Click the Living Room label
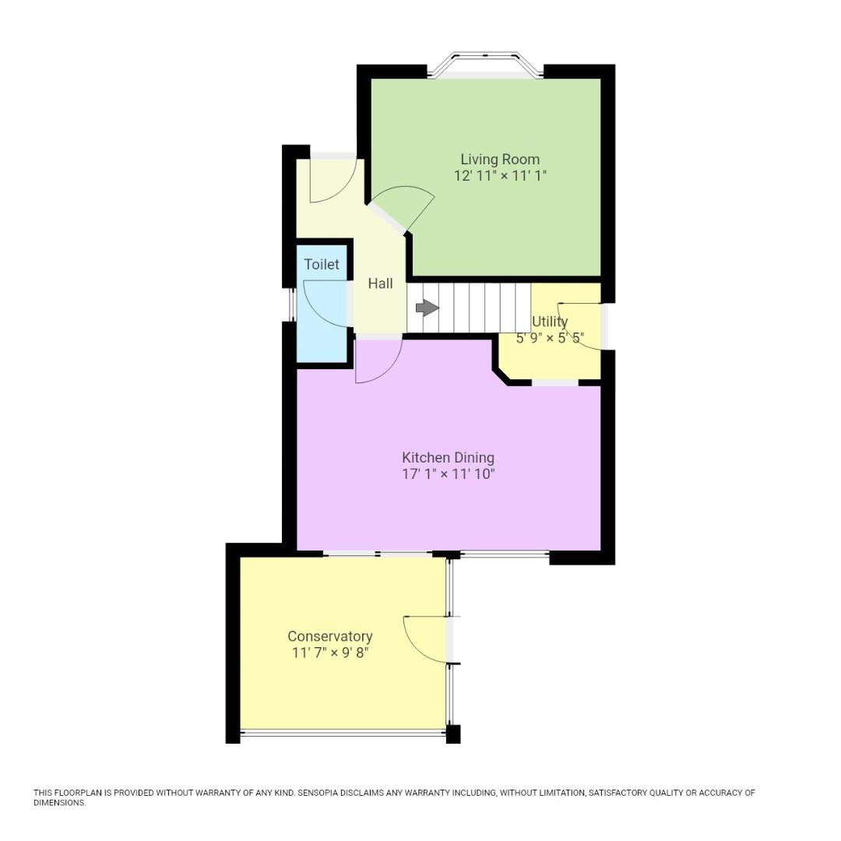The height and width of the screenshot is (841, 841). point(500,159)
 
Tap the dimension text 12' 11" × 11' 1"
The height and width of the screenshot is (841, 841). point(500,176)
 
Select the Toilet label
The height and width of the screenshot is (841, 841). point(322,265)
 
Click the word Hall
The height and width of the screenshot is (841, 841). point(380,283)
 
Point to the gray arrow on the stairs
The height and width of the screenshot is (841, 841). point(427,308)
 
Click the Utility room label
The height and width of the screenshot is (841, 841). point(550,321)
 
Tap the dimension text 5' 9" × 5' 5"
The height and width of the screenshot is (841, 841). point(550,339)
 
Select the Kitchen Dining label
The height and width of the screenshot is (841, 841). point(448,457)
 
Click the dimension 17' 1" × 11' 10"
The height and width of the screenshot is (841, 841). point(448,473)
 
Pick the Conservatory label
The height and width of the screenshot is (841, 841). point(329,636)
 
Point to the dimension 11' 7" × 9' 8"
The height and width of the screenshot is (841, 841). point(329,653)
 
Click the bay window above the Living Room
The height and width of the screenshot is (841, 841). point(486,64)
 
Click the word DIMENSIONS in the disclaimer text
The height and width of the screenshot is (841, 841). point(59,803)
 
